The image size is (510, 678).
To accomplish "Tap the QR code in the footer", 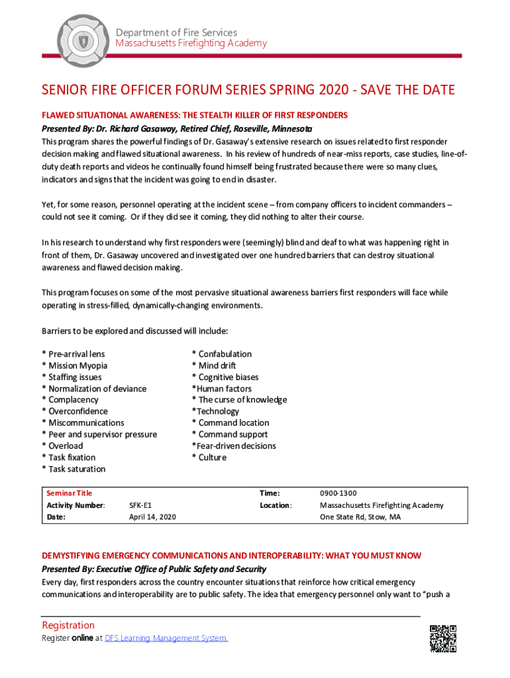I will (443, 638).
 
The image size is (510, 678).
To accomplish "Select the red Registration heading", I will (68, 625).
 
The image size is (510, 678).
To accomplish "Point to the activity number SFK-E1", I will (140, 505).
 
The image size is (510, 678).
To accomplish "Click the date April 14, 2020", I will (152, 517).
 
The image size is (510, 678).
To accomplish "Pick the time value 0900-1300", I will (338, 493).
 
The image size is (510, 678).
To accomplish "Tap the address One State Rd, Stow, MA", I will (360, 517).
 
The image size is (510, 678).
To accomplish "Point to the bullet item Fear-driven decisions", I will (234, 446).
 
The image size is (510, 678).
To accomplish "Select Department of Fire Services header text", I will (176, 32).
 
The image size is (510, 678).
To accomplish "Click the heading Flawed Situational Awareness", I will (195, 115).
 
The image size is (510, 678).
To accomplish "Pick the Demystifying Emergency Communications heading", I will (231, 556).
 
